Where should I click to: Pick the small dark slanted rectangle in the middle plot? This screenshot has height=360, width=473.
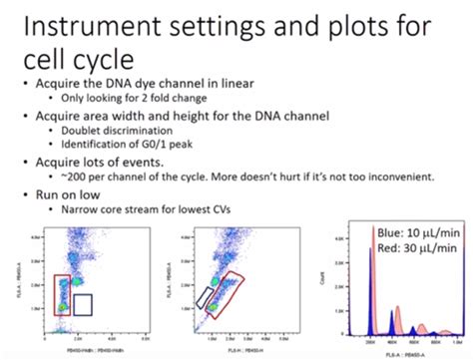(x=205, y=295)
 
